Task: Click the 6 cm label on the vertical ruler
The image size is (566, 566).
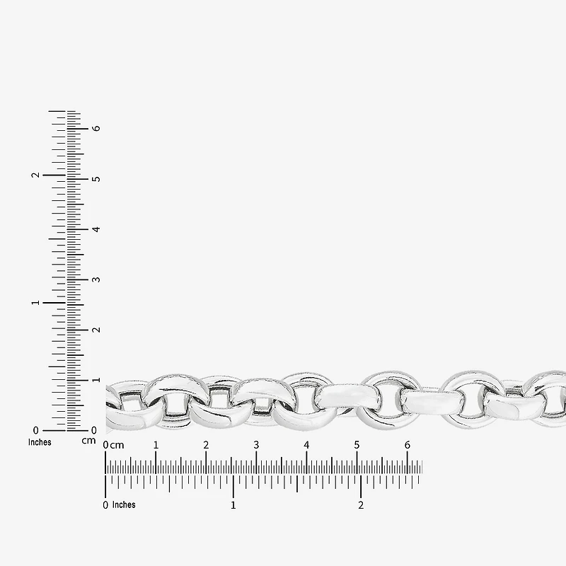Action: (96, 129)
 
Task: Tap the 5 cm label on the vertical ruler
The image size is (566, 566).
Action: (96, 179)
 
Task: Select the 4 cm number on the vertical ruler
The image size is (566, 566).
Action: (96, 229)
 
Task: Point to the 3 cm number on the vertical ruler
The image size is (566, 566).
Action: (96, 279)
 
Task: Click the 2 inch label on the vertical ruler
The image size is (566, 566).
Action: (35, 175)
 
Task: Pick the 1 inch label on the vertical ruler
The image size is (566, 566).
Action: (35, 303)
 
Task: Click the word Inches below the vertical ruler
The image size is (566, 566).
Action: (40, 442)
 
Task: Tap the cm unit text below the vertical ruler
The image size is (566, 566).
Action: (88, 441)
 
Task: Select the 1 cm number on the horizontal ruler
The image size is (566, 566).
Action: (156, 445)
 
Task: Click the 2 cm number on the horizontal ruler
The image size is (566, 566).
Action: (206, 445)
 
